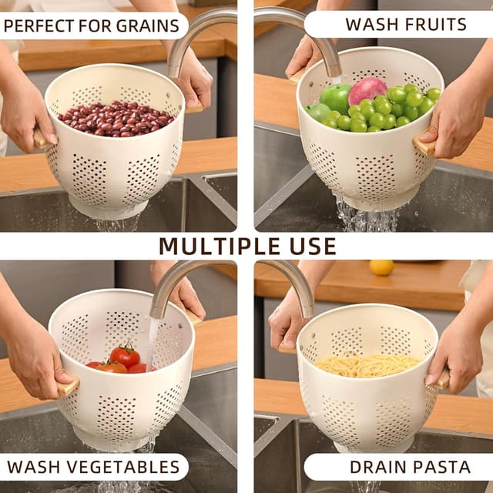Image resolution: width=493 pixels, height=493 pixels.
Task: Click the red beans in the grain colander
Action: click(116, 119)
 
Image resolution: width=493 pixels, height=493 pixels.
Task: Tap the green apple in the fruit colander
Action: click(335, 98)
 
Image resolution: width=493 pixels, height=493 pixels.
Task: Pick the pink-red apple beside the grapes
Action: click(367, 90)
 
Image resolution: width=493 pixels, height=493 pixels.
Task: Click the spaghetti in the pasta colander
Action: click(367, 365)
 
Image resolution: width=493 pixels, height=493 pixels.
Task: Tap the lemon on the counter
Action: click(381, 267)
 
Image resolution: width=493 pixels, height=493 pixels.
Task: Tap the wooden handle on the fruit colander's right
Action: click(423, 145)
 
